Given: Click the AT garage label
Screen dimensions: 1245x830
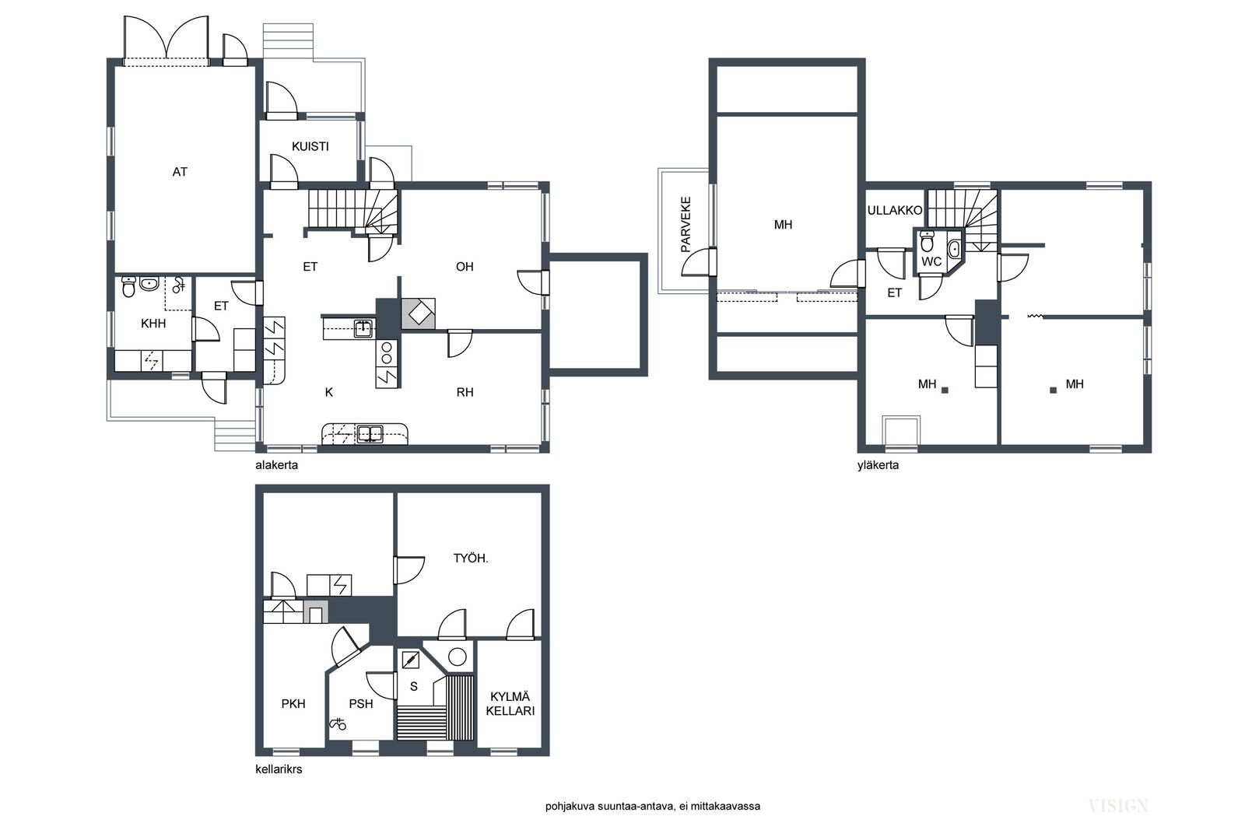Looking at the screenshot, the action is coord(180,172).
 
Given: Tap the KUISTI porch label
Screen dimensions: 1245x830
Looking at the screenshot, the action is coord(310,146).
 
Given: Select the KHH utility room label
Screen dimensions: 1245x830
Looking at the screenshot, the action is coord(153,324).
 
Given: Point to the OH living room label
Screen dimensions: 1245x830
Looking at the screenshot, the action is coord(465,267).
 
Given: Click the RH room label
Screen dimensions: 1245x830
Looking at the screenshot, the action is coord(465,392).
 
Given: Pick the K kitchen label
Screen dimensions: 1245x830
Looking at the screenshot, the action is coord(329,392).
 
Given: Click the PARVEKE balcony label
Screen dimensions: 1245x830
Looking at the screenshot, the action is coord(686,224).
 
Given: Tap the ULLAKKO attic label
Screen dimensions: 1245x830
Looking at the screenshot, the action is coord(894,211).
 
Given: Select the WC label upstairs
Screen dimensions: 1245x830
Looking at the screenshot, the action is coord(931,261).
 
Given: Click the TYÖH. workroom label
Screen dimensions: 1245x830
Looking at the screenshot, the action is coord(470,559).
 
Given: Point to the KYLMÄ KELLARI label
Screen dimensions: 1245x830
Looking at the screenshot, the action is coord(510,703).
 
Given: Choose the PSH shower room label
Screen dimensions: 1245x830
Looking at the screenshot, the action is coord(361,704).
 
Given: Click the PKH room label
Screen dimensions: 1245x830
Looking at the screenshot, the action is coord(293,704).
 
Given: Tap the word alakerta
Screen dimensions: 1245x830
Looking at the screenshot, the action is coord(276,465).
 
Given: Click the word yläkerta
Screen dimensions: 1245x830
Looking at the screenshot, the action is coord(878,465).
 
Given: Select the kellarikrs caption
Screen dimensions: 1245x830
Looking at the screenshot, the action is coord(279,769).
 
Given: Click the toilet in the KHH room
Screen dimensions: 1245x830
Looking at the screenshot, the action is coord(128,287).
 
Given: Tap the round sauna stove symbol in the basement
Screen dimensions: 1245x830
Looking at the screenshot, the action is coord(457,657).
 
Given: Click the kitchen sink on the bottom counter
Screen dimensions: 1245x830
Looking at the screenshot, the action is coord(369,433).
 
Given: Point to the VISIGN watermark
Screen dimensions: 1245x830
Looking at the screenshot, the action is coord(1117,806).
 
